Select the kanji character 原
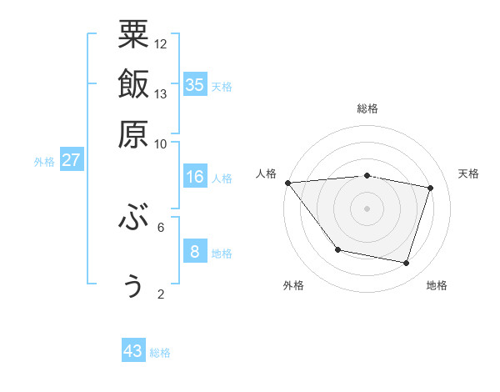[x=133, y=133]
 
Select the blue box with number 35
[x=195, y=84]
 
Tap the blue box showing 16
[x=195, y=176]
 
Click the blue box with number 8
[x=195, y=251]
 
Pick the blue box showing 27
[x=71, y=160]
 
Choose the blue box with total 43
[x=133, y=351]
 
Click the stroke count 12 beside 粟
[x=161, y=43]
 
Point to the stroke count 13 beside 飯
[x=161, y=93]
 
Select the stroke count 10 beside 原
[x=161, y=143]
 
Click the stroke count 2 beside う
[x=161, y=294]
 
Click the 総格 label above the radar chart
[x=367, y=108]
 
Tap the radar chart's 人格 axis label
[x=267, y=173]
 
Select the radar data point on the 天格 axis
[x=431, y=188]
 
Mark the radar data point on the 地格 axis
[x=407, y=264]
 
